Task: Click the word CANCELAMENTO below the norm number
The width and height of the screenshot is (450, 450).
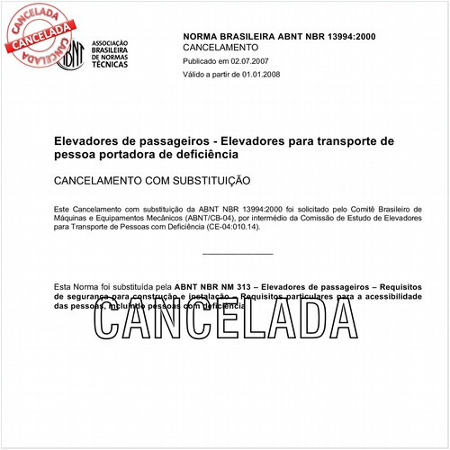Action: (220, 47)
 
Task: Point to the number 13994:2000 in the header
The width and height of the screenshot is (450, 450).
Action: (346, 34)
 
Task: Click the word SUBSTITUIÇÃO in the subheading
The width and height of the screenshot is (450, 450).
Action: (205, 181)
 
